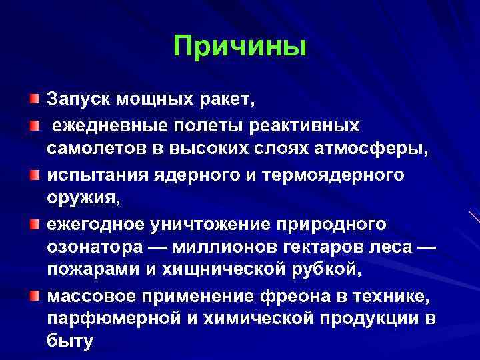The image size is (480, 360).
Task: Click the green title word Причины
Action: click(240, 47)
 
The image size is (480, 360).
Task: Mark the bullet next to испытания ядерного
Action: click(33, 174)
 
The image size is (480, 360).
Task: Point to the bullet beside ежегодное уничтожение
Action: click(33, 223)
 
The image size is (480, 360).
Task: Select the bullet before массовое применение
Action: click(33, 296)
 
